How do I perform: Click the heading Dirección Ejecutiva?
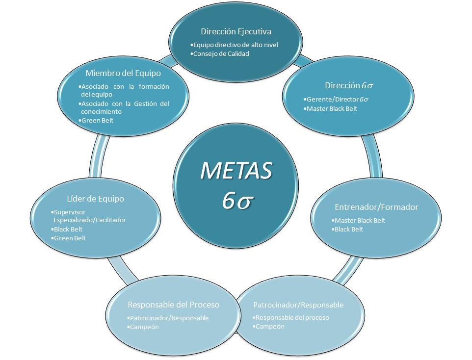point(236,31)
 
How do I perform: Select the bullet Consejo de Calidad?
point(221,53)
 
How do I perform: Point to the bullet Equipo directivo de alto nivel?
point(236,45)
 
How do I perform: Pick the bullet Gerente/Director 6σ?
point(337,100)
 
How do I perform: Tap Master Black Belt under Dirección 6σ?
point(331,108)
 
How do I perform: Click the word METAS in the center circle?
point(236,170)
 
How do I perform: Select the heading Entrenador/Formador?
point(376,207)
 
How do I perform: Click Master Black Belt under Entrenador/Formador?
point(359,220)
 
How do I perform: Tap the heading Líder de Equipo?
point(95,199)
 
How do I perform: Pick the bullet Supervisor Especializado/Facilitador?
point(89,216)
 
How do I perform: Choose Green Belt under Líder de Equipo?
point(70,238)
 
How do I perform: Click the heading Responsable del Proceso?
point(173,305)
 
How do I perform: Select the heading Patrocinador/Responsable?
point(298,305)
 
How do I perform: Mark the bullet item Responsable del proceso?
point(292,317)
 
